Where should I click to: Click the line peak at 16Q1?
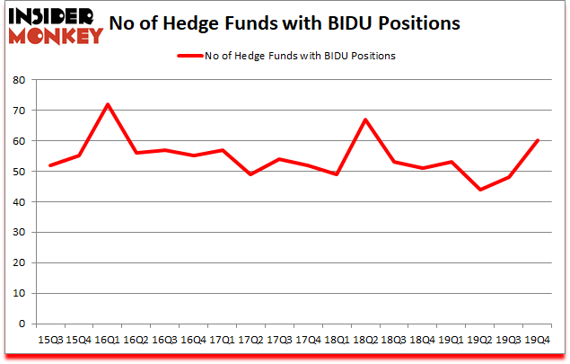pyautogui.click(x=108, y=104)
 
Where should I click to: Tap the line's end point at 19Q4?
pyautogui.click(x=537, y=140)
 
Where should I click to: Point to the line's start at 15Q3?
pyautogui.click(x=50, y=165)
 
